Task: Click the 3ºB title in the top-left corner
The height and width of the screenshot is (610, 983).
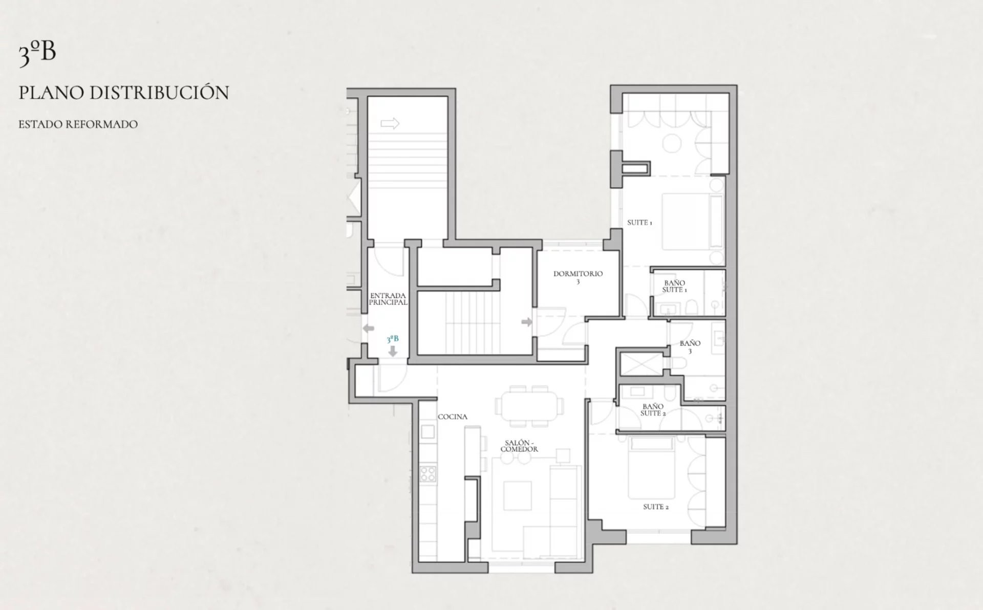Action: click(37, 54)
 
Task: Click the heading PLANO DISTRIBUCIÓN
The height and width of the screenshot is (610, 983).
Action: click(124, 93)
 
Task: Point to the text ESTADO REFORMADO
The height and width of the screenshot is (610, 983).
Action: click(78, 124)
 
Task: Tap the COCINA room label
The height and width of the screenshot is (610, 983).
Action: click(453, 417)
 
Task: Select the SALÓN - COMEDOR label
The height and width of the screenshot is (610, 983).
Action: click(519, 446)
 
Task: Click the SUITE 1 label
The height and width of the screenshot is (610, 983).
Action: click(640, 223)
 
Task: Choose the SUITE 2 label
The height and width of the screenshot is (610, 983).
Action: click(656, 507)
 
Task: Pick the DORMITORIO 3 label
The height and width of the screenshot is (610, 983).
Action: click(578, 277)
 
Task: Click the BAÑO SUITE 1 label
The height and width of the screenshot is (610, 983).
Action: click(675, 286)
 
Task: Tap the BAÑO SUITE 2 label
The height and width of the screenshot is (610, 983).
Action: click(653, 410)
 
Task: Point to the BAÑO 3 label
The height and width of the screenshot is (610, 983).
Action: click(690, 347)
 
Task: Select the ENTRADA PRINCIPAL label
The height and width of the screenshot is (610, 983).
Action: click(388, 299)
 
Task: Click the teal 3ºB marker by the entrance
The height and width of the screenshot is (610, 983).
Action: click(393, 339)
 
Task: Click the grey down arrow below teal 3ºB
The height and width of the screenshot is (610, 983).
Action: click(393, 351)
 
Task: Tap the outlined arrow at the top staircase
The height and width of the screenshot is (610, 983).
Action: click(390, 123)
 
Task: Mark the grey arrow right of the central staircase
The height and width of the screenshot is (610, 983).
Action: click(527, 322)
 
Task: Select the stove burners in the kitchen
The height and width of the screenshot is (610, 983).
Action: click(428, 474)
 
